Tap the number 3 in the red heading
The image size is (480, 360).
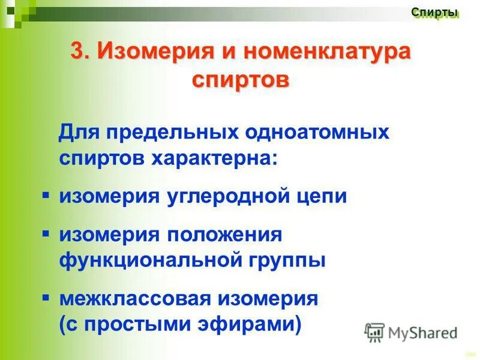pos(78,51)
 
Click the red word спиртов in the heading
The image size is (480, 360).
pos(240,79)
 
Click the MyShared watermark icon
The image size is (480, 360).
pos(374,332)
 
